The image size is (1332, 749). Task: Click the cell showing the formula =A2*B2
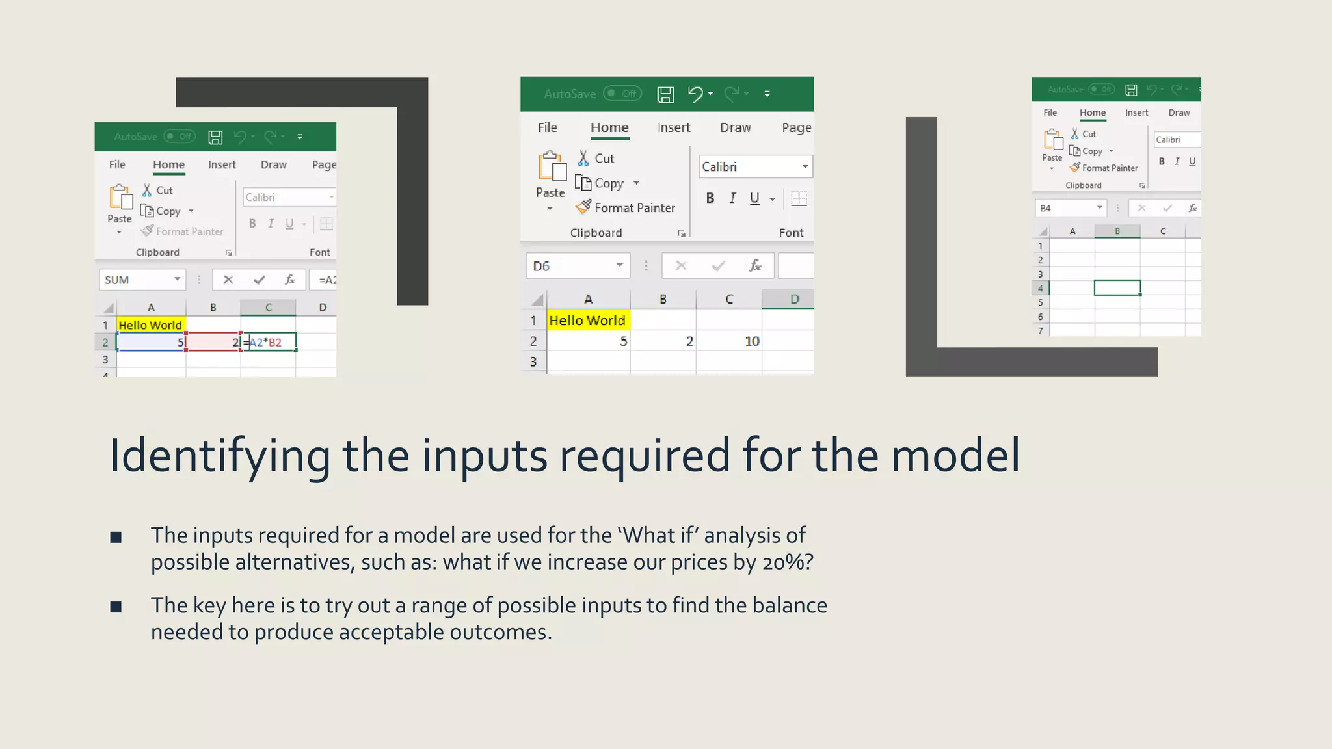click(x=269, y=342)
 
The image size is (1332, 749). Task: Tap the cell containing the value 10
click(x=728, y=341)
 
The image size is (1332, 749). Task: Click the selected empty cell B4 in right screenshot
click(x=1117, y=287)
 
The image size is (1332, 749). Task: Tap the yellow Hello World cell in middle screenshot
click(x=587, y=320)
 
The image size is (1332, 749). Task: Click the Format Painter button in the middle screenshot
click(x=626, y=207)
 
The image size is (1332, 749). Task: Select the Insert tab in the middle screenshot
click(x=673, y=127)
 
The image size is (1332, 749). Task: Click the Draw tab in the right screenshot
click(x=1179, y=112)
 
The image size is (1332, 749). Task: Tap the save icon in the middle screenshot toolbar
click(x=665, y=94)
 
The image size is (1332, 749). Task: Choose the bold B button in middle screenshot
click(x=710, y=198)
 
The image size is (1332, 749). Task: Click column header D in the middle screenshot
click(x=793, y=299)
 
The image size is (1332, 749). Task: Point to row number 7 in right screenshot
click(x=1040, y=331)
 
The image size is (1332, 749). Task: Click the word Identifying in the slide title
click(x=220, y=456)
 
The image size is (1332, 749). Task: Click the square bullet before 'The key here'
click(x=116, y=607)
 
